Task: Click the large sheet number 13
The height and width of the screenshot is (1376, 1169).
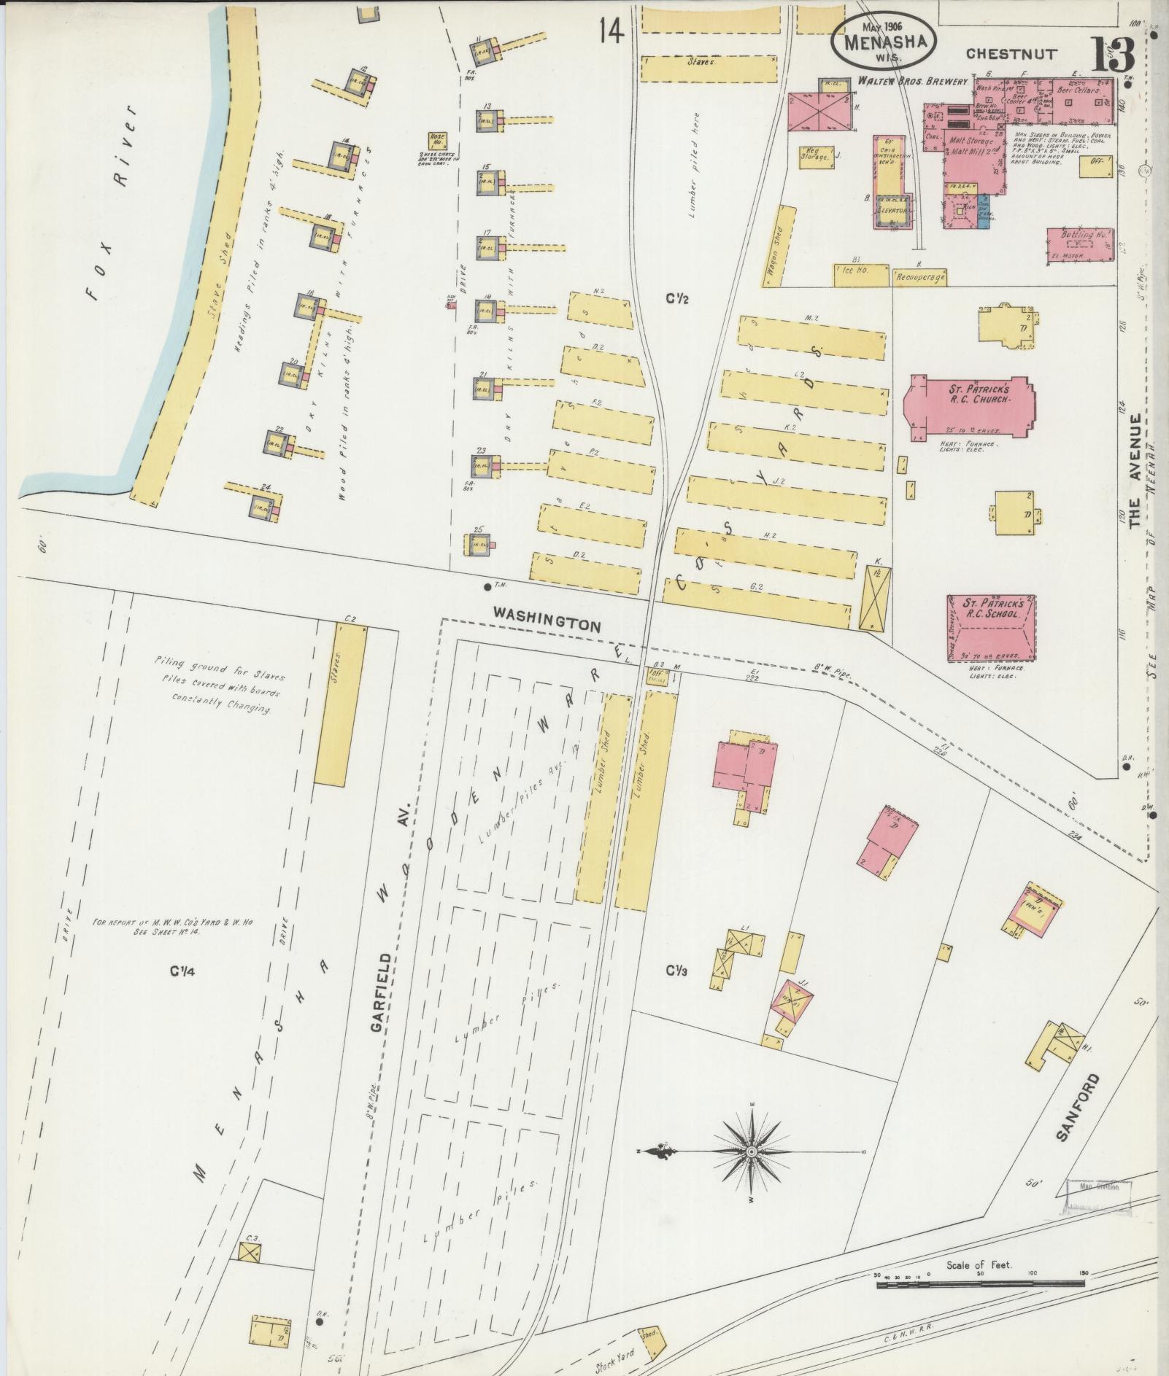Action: (x=1114, y=55)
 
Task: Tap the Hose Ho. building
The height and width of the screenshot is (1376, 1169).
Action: (x=438, y=139)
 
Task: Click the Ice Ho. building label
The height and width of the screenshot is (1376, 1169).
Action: (x=860, y=275)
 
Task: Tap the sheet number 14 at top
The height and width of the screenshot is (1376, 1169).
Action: (x=611, y=32)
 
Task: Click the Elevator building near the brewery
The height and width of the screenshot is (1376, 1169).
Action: (x=894, y=211)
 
